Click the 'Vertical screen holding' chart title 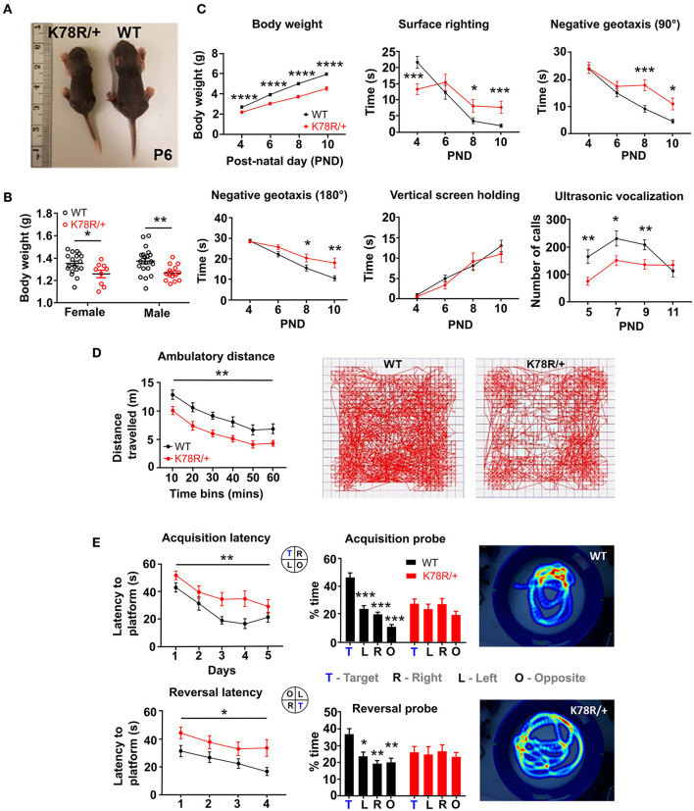(x=438, y=197)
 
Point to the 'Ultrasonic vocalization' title (x=611, y=197)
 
